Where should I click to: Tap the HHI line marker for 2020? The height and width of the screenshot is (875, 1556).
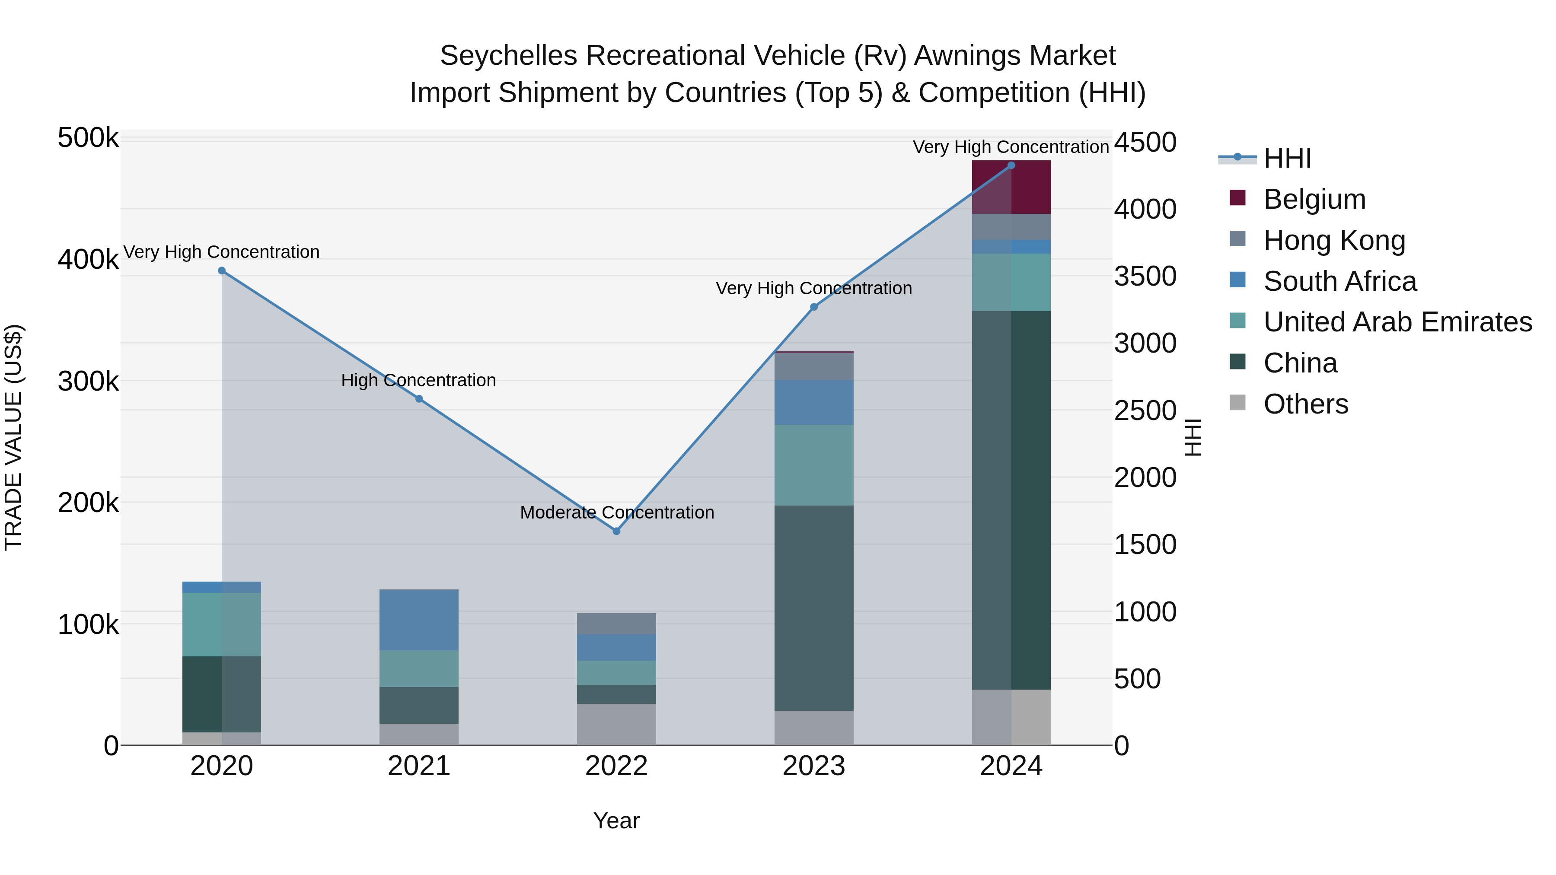coord(222,270)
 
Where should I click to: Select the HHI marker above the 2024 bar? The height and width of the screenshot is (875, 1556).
coord(1011,165)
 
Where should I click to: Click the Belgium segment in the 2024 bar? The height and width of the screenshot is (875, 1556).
coord(1011,187)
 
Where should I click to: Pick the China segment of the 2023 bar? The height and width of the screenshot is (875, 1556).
coord(813,608)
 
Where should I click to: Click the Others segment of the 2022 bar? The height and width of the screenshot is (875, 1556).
coord(616,724)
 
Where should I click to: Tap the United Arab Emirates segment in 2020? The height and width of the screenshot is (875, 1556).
coord(222,624)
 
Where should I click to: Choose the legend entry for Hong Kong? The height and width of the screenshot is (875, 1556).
coord(1334,240)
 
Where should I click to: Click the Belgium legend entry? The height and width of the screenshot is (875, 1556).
coord(1314,199)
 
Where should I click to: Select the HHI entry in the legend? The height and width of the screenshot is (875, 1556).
coord(1287,158)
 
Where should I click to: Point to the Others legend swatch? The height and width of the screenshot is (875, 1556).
coord(1237,403)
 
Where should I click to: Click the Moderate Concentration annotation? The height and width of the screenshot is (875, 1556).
coord(617,512)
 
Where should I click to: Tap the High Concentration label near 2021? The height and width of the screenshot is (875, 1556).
coord(418,380)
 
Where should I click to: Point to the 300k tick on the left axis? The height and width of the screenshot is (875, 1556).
coord(88,381)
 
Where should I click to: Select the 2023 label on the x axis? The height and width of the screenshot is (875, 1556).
coord(813,766)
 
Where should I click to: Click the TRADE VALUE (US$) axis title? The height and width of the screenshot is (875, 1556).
coord(13,437)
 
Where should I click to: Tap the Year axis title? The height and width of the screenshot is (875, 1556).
coord(616,821)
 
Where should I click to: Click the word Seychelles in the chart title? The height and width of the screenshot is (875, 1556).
coord(509,56)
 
